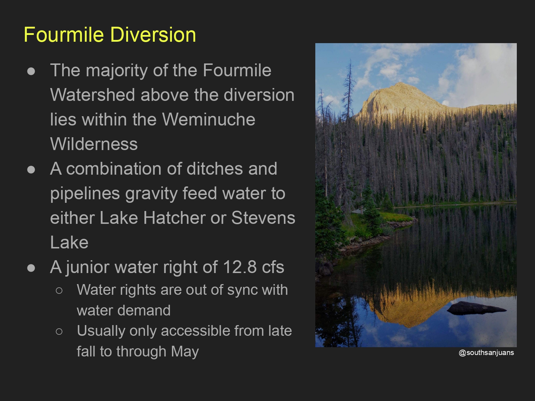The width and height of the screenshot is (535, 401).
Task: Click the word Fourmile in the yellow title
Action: (x=64, y=35)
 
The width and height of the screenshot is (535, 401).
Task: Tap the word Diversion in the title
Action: (x=153, y=35)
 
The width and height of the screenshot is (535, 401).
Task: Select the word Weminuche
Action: (x=209, y=119)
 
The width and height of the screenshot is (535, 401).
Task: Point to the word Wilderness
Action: (x=94, y=144)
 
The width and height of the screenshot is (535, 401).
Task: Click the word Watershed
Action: (x=92, y=95)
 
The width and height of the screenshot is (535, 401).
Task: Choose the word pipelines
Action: (x=85, y=194)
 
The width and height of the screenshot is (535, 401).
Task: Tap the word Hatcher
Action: (x=174, y=218)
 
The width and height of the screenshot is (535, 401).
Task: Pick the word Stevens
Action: (x=263, y=218)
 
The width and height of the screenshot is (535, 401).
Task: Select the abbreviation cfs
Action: (x=273, y=267)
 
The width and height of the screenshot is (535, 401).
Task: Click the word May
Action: (x=185, y=352)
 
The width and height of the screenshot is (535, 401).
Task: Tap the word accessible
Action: (x=195, y=331)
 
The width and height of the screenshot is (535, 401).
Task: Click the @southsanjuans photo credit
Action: (x=486, y=353)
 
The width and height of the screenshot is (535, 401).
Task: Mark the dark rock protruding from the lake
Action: (x=475, y=308)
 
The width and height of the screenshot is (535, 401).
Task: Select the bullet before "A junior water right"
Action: (x=31, y=268)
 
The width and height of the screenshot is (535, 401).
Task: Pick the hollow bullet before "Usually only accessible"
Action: (x=59, y=331)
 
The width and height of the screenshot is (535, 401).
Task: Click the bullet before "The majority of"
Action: (x=31, y=71)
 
